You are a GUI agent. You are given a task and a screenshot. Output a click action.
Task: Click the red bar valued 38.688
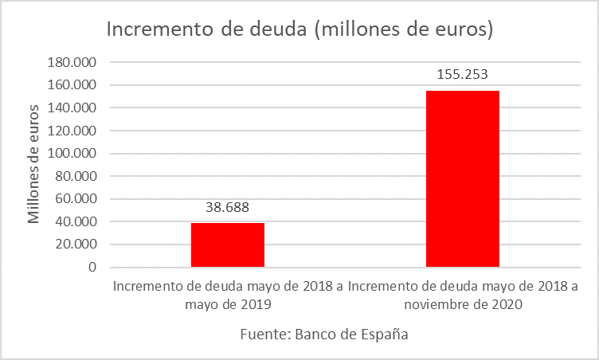tap(228, 245)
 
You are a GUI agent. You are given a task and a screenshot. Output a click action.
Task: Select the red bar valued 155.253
tap(463, 179)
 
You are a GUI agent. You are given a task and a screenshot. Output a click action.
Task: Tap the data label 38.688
tap(228, 208)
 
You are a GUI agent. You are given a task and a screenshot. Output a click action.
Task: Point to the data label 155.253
tap(462, 75)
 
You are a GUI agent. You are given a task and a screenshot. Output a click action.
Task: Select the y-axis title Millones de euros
tap(33, 163)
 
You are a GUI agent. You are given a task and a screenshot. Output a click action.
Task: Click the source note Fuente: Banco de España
tap(324, 335)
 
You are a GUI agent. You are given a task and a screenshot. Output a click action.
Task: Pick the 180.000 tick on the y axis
tap(72, 62)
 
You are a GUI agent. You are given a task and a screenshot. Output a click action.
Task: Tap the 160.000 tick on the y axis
tap(72, 85)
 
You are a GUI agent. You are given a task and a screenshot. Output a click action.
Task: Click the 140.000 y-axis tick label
tap(72, 108)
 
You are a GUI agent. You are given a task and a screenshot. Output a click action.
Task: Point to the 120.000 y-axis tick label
tap(72, 131)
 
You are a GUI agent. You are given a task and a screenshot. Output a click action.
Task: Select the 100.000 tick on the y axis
tap(72, 154)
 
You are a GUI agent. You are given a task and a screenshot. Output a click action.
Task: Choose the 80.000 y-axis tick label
tap(76, 176)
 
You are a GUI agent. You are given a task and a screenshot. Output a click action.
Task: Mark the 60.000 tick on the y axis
tap(76, 199)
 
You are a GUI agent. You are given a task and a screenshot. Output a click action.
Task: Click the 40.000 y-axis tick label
tap(76, 222)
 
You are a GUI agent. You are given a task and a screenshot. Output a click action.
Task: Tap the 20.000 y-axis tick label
tap(76, 245)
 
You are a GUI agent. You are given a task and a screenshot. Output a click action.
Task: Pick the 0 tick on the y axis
tap(92, 268)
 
